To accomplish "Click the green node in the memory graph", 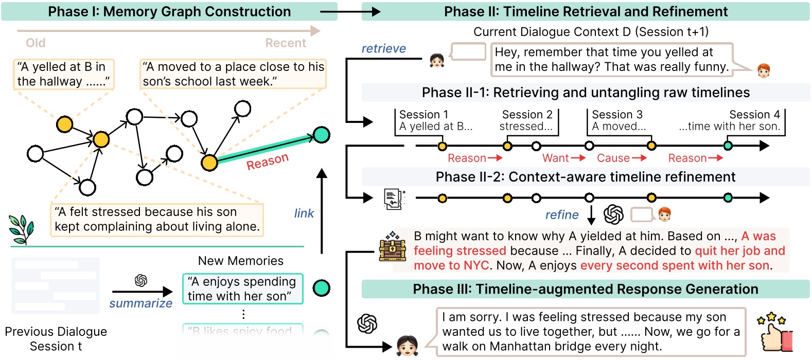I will [x=321, y=135].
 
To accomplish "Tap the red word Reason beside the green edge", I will [x=267, y=161].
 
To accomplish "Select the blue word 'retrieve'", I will [x=383, y=48].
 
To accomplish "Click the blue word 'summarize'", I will [x=140, y=303].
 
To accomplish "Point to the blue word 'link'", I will [x=304, y=213].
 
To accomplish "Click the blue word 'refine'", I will [x=562, y=215].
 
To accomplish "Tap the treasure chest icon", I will [x=393, y=247].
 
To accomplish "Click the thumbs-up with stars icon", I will [x=775, y=332].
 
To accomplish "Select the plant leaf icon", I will [x=21, y=229].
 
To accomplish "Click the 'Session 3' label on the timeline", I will [x=617, y=115].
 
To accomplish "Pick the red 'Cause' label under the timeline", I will [x=613, y=158].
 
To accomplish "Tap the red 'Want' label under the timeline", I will [x=556, y=158].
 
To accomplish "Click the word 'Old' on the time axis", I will [x=36, y=43].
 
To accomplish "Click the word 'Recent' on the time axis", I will [x=286, y=43].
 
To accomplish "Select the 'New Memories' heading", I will [x=240, y=261].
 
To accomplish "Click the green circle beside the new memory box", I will [x=321, y=288].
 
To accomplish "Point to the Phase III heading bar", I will [x=585, y=289].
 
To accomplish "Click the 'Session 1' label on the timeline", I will [x=423, y=115].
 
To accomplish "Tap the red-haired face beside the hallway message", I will [x=764, y=70].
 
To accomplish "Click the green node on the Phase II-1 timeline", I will [x=728, y=146].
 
